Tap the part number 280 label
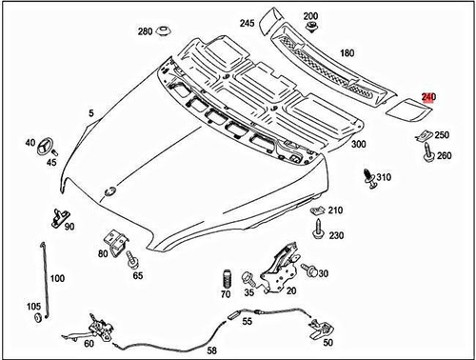click(145, 31)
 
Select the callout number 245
click(247, 23)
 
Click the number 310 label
click(384, 178)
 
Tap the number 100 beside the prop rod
click(57, 278)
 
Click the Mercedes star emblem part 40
click(44, 147)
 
